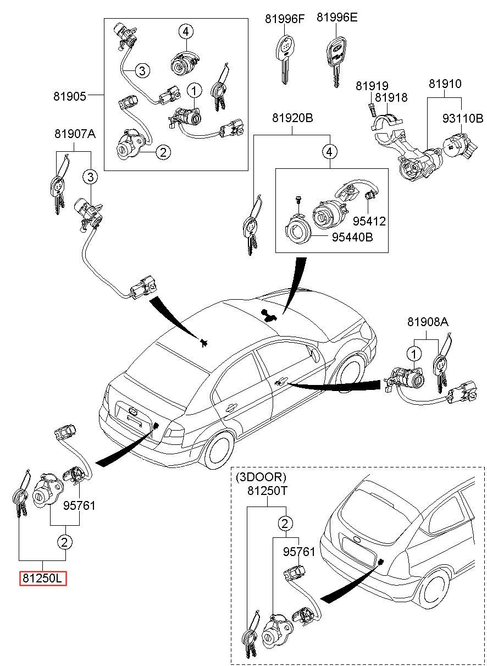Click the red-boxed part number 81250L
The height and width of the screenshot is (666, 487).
[x=43, y=578]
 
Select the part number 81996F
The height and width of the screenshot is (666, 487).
[x=284, y=18]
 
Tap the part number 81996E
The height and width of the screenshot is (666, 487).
[x=336, y=17]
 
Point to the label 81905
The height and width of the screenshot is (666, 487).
[x=70, y=96]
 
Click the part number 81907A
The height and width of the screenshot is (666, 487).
[x=75, y=134]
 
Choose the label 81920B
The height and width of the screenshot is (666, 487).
[x=292, y=118]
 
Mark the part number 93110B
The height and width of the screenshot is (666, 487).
[x=462, y=118]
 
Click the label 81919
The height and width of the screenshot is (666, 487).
[x=372, y=86]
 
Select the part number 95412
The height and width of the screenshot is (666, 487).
[x=369, y=221]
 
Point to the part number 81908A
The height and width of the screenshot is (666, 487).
[x=428, y=322]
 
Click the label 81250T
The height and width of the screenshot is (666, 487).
[x=267, y=491]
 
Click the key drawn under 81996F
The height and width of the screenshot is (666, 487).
[x=284, y=57]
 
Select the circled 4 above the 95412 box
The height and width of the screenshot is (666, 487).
[x=329, y=151]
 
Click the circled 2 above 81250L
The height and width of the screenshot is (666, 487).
[x=65, y=542]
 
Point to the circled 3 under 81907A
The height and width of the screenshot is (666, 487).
[x=90, y=177]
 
